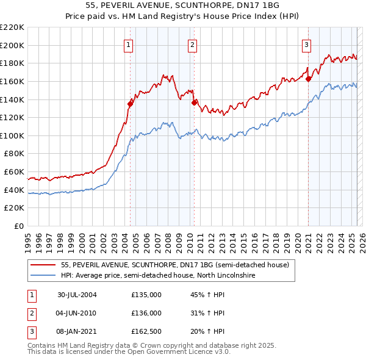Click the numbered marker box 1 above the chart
coord(129,44)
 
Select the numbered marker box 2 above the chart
coord(192,44)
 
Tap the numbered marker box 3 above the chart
coord(306,44)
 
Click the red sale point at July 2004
coord(130,104)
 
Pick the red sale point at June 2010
coord(194,103)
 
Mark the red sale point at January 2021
coord(309,79)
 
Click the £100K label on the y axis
coord(12,135)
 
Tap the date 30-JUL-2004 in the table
coord(77,295)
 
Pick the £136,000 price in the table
coord(146,313)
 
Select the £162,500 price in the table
coord(146,331)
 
